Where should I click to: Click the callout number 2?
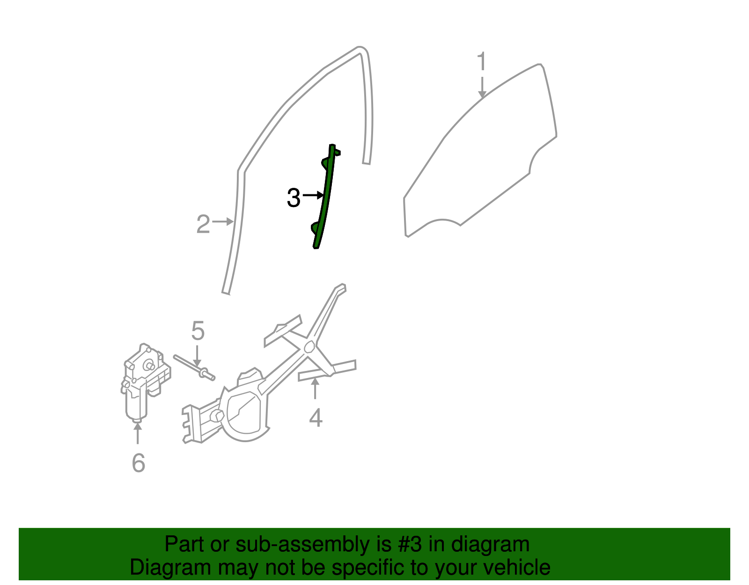pyautogui.click(x=203, y=224)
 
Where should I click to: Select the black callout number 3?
pyautogui.click(x=294, y=198)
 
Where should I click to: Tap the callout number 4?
pyautogui.click(x=316, y=417)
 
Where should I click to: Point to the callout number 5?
pyautogui.click(x=198, y=331)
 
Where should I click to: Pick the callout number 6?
pyautogui.click(x=139, y=463)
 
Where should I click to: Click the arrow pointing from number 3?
pyautogui.click(x=313, y=195)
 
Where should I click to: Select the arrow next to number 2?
pyautogui.click(x=223, y=222)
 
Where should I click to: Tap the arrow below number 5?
pyautogui.click(x=197, y=356)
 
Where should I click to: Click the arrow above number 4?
pyautogui.click(x=315, y=388)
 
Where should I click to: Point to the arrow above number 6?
pyautogui.click(x=138, y=433)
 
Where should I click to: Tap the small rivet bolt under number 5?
pyautogui.click(x=194, y=368)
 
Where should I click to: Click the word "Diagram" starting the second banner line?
pyautogui.click(x=170, y=568)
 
